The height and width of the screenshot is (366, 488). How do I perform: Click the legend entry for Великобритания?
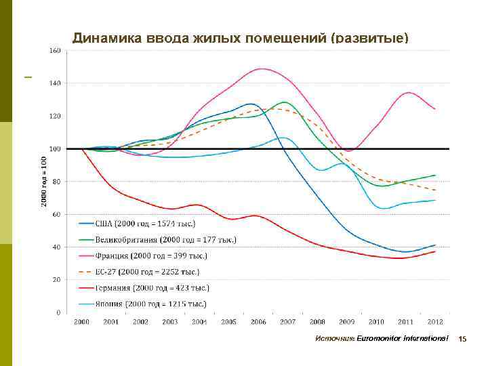[x=163, y=239]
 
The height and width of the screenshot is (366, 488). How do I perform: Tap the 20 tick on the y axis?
[x=57, y=280]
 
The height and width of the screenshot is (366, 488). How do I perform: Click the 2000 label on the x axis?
[x=81, y=321]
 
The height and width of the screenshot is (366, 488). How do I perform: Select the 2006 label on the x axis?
[x=258, y=321]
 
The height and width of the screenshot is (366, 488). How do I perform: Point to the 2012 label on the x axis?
[x=435, y=321]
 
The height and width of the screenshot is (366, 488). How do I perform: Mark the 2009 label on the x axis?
[x=347, y=321]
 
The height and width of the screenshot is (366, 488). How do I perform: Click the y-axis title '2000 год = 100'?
[x=44, y=182]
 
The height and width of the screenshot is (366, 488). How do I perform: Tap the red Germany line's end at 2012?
[x=435, y=251]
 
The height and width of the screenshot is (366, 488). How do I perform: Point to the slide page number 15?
[x=463, y=338]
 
